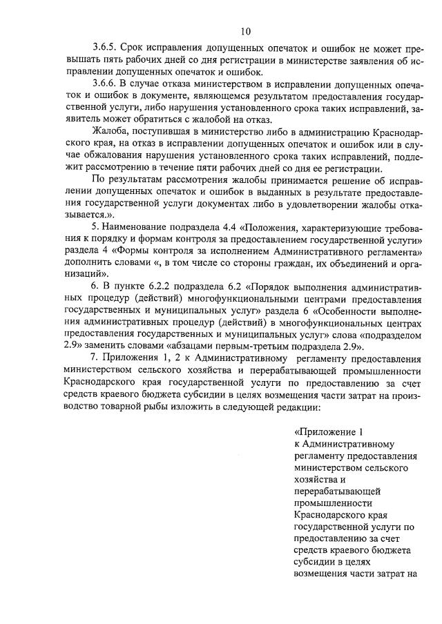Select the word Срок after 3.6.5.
pyautogui.click(x=135, y=48)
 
